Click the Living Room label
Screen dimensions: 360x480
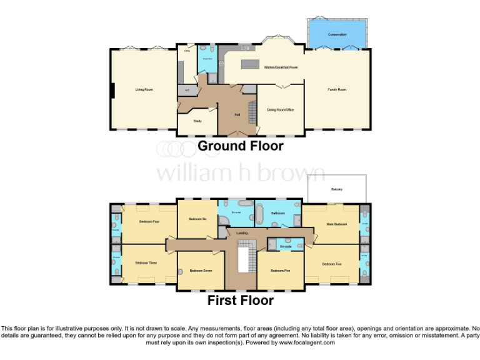tap(144, 89)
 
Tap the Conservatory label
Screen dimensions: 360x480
tap(337, 34)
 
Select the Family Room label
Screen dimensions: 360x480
tap(337, 89)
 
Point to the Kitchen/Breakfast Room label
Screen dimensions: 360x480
tap(281, 67)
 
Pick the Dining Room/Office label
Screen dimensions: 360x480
tap(281, 110)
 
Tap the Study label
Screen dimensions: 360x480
tap(197, 121)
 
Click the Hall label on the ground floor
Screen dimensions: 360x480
tap(237, 115)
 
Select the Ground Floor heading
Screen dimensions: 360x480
tap(240, 146)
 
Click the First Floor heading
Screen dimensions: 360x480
tap(240, 301)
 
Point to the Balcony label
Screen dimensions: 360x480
tap(337, 189)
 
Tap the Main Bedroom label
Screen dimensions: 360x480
tap(336, 223)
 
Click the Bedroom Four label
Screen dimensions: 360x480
tap(149, 222)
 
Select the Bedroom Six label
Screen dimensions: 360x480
tap(197, 219)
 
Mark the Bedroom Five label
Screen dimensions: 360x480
tap(281, 271)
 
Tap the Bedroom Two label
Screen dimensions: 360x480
tap(332, 264)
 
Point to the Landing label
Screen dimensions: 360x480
tap(242, 233)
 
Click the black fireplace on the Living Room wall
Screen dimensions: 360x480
tap(112, 91)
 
